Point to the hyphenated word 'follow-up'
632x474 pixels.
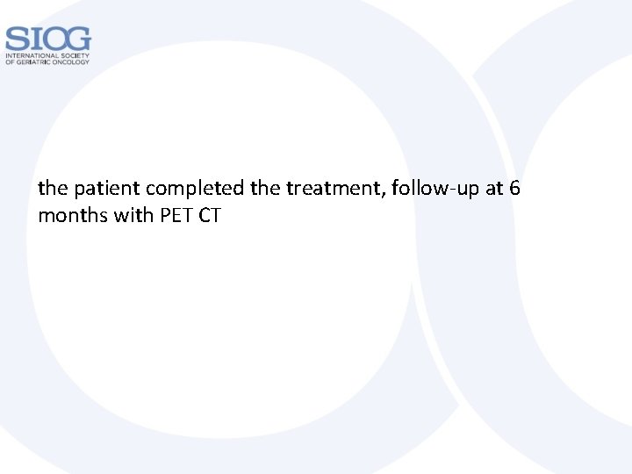[x=427, y=188]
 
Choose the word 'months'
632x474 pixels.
[x=73, y=214]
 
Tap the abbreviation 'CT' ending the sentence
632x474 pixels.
[x=209, y=214]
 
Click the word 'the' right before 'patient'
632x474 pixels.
[x=51, y=188]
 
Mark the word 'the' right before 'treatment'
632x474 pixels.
[x=260, y=188]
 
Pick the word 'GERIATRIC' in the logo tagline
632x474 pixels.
[x=38, y=63]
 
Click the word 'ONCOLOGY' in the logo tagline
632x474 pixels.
[x=75, y=63]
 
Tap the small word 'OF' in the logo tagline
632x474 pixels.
[x=10, y=63]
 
